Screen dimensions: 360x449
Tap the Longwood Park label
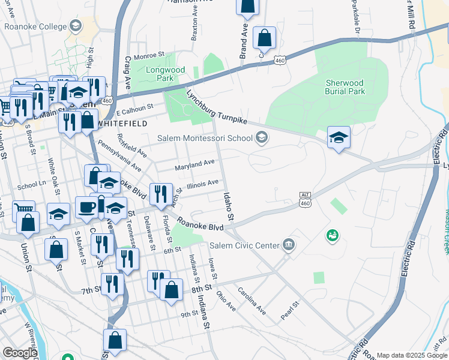(160, 74)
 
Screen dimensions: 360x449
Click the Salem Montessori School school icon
(261, 138)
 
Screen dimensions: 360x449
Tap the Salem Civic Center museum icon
(289, 245)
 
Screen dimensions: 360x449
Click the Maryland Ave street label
(194, 163)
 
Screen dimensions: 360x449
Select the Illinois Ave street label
(202, 184)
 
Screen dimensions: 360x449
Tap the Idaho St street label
(228, 206)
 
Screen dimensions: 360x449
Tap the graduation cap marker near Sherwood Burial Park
(339, 137)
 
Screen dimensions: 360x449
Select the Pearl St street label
(289, 310)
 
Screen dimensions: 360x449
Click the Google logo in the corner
(20, 353)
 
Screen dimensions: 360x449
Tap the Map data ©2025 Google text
(412, 355)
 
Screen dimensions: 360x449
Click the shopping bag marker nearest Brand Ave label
(264, 38)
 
